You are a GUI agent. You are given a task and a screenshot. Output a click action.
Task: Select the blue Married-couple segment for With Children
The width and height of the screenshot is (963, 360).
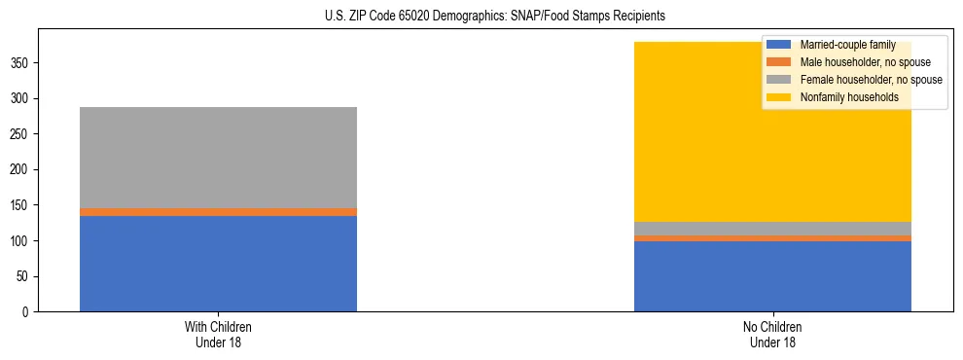(x=218, y=264)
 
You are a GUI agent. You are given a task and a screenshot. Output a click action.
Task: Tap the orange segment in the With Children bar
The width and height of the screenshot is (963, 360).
(x=218, y=211)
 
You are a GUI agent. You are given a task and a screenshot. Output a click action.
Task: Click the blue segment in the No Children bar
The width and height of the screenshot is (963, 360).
(x=772, y=276)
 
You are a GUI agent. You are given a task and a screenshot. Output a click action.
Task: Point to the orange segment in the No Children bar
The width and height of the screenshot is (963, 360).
(x=772, y=238)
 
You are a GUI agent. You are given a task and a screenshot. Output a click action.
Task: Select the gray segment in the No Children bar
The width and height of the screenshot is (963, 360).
(x=772, y=229)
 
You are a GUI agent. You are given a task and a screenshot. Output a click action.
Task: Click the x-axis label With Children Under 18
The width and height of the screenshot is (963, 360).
(x=218, y=334)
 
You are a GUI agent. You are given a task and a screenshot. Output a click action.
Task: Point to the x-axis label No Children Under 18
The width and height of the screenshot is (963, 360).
(x=772, y=334)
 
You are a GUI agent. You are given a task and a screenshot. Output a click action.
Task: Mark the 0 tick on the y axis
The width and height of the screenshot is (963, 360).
(x=28, y=312)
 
